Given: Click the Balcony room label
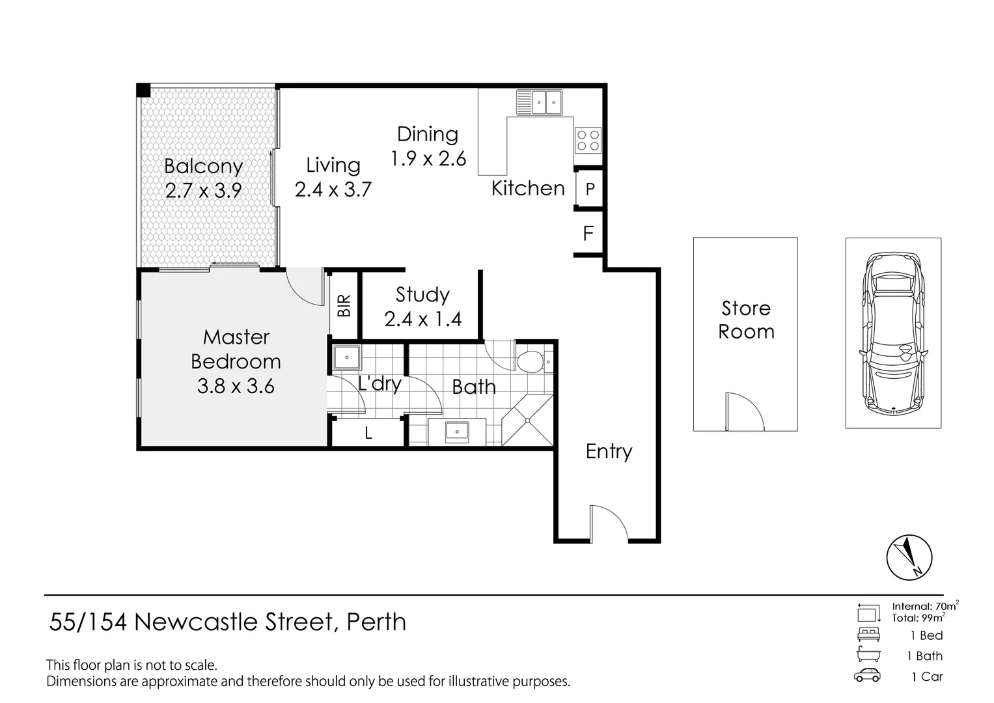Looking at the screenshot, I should (x=203, y=166).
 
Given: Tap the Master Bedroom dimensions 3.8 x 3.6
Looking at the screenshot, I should (x=236, y=386).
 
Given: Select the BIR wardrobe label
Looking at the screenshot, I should (x=344, y=305).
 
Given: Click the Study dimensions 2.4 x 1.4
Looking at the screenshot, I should (x=422, y=319).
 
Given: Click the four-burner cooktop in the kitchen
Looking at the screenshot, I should (x=588, y=140).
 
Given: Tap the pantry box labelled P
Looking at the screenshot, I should (x=590, y=189).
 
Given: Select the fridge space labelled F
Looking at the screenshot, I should (x=588, y=233).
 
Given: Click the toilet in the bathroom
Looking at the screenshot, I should (x=532, y=361).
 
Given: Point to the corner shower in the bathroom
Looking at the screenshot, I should (x=527, y=420).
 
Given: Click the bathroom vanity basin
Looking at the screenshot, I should (x=457, y=431).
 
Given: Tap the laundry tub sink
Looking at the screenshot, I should (x=346, y=357).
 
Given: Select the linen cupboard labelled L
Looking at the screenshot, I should (x=368, y=433).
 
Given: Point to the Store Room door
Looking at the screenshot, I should (x=743, y=411).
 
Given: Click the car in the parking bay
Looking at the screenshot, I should (x=892, y=332).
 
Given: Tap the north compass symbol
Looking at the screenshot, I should (x=909, y=558).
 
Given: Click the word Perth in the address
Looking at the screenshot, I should (x=376, y=622).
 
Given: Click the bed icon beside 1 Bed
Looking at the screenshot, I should (x=868, y=635).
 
